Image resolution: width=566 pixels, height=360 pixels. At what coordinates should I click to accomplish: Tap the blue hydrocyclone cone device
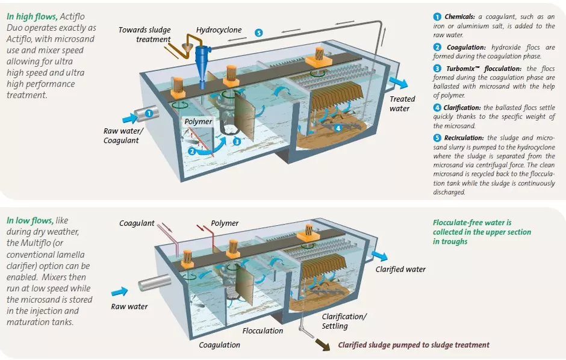[202, 57]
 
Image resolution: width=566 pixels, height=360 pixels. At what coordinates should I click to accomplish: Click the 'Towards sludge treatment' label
[144, 35]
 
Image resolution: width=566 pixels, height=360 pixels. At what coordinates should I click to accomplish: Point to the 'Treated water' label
[402, 104]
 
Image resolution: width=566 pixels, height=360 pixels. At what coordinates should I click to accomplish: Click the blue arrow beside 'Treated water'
[398, 82]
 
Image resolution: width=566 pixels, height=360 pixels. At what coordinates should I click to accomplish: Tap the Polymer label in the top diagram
[198, 122]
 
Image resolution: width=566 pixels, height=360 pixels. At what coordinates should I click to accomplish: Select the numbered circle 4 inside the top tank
[338, 128]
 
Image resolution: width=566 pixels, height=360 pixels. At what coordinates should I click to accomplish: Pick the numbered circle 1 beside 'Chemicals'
[437, 16]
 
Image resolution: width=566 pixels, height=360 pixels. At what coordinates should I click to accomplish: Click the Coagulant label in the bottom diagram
[137, 223]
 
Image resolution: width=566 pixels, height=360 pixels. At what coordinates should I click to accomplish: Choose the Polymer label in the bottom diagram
[225, 223]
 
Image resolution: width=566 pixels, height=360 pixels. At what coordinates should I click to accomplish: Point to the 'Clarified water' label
[400, 269]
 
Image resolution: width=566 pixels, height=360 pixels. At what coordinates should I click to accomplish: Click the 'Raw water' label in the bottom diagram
[129, 306]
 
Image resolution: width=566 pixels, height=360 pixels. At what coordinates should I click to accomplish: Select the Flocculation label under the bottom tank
[263, 331]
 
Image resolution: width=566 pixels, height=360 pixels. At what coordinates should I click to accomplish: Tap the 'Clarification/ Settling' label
[344, 321]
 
